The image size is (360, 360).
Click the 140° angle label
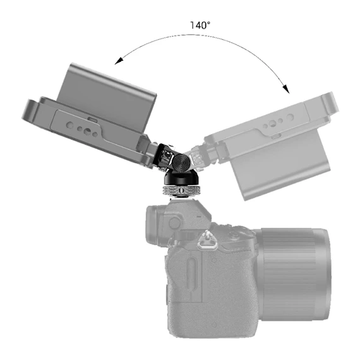coord(200,25)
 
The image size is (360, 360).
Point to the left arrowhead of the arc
coord(119,61)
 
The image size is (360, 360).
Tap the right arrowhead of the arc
coord(286,88)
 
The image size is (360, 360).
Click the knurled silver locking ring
coord(181,190)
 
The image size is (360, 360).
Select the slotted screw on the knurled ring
coord(182,190)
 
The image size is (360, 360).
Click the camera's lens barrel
coord(294,273)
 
